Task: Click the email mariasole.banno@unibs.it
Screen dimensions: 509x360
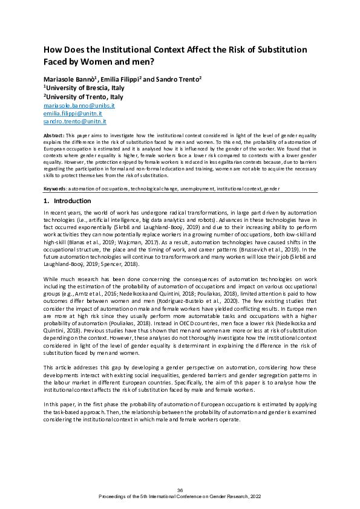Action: pyautogui.click(x=79, y=105)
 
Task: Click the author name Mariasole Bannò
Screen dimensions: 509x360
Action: pyautogui.click(x=67, y=79)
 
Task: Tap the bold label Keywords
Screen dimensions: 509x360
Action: pyautogui.click(x=56, y=189)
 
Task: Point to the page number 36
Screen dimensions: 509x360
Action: pyautogui.click(x=180, y=490)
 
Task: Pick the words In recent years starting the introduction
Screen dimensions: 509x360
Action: pyautogui.click(x=62, y=214)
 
